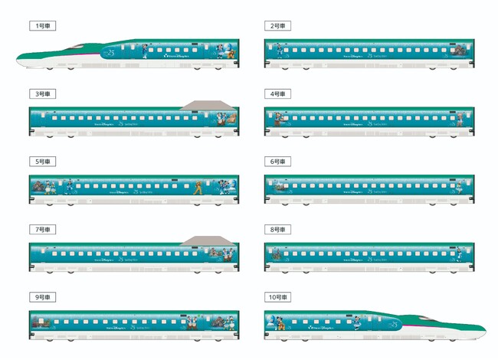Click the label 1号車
coord(41,26)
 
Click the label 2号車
coord(277,26)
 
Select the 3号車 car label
coord(41,93)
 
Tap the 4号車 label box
coord(277,93)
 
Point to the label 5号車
coord(41,162)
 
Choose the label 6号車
coord(277,162)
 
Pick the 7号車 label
coord(41,229)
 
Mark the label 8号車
coord(277,229)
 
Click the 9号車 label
coord(41,297)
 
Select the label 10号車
coord(279,297)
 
